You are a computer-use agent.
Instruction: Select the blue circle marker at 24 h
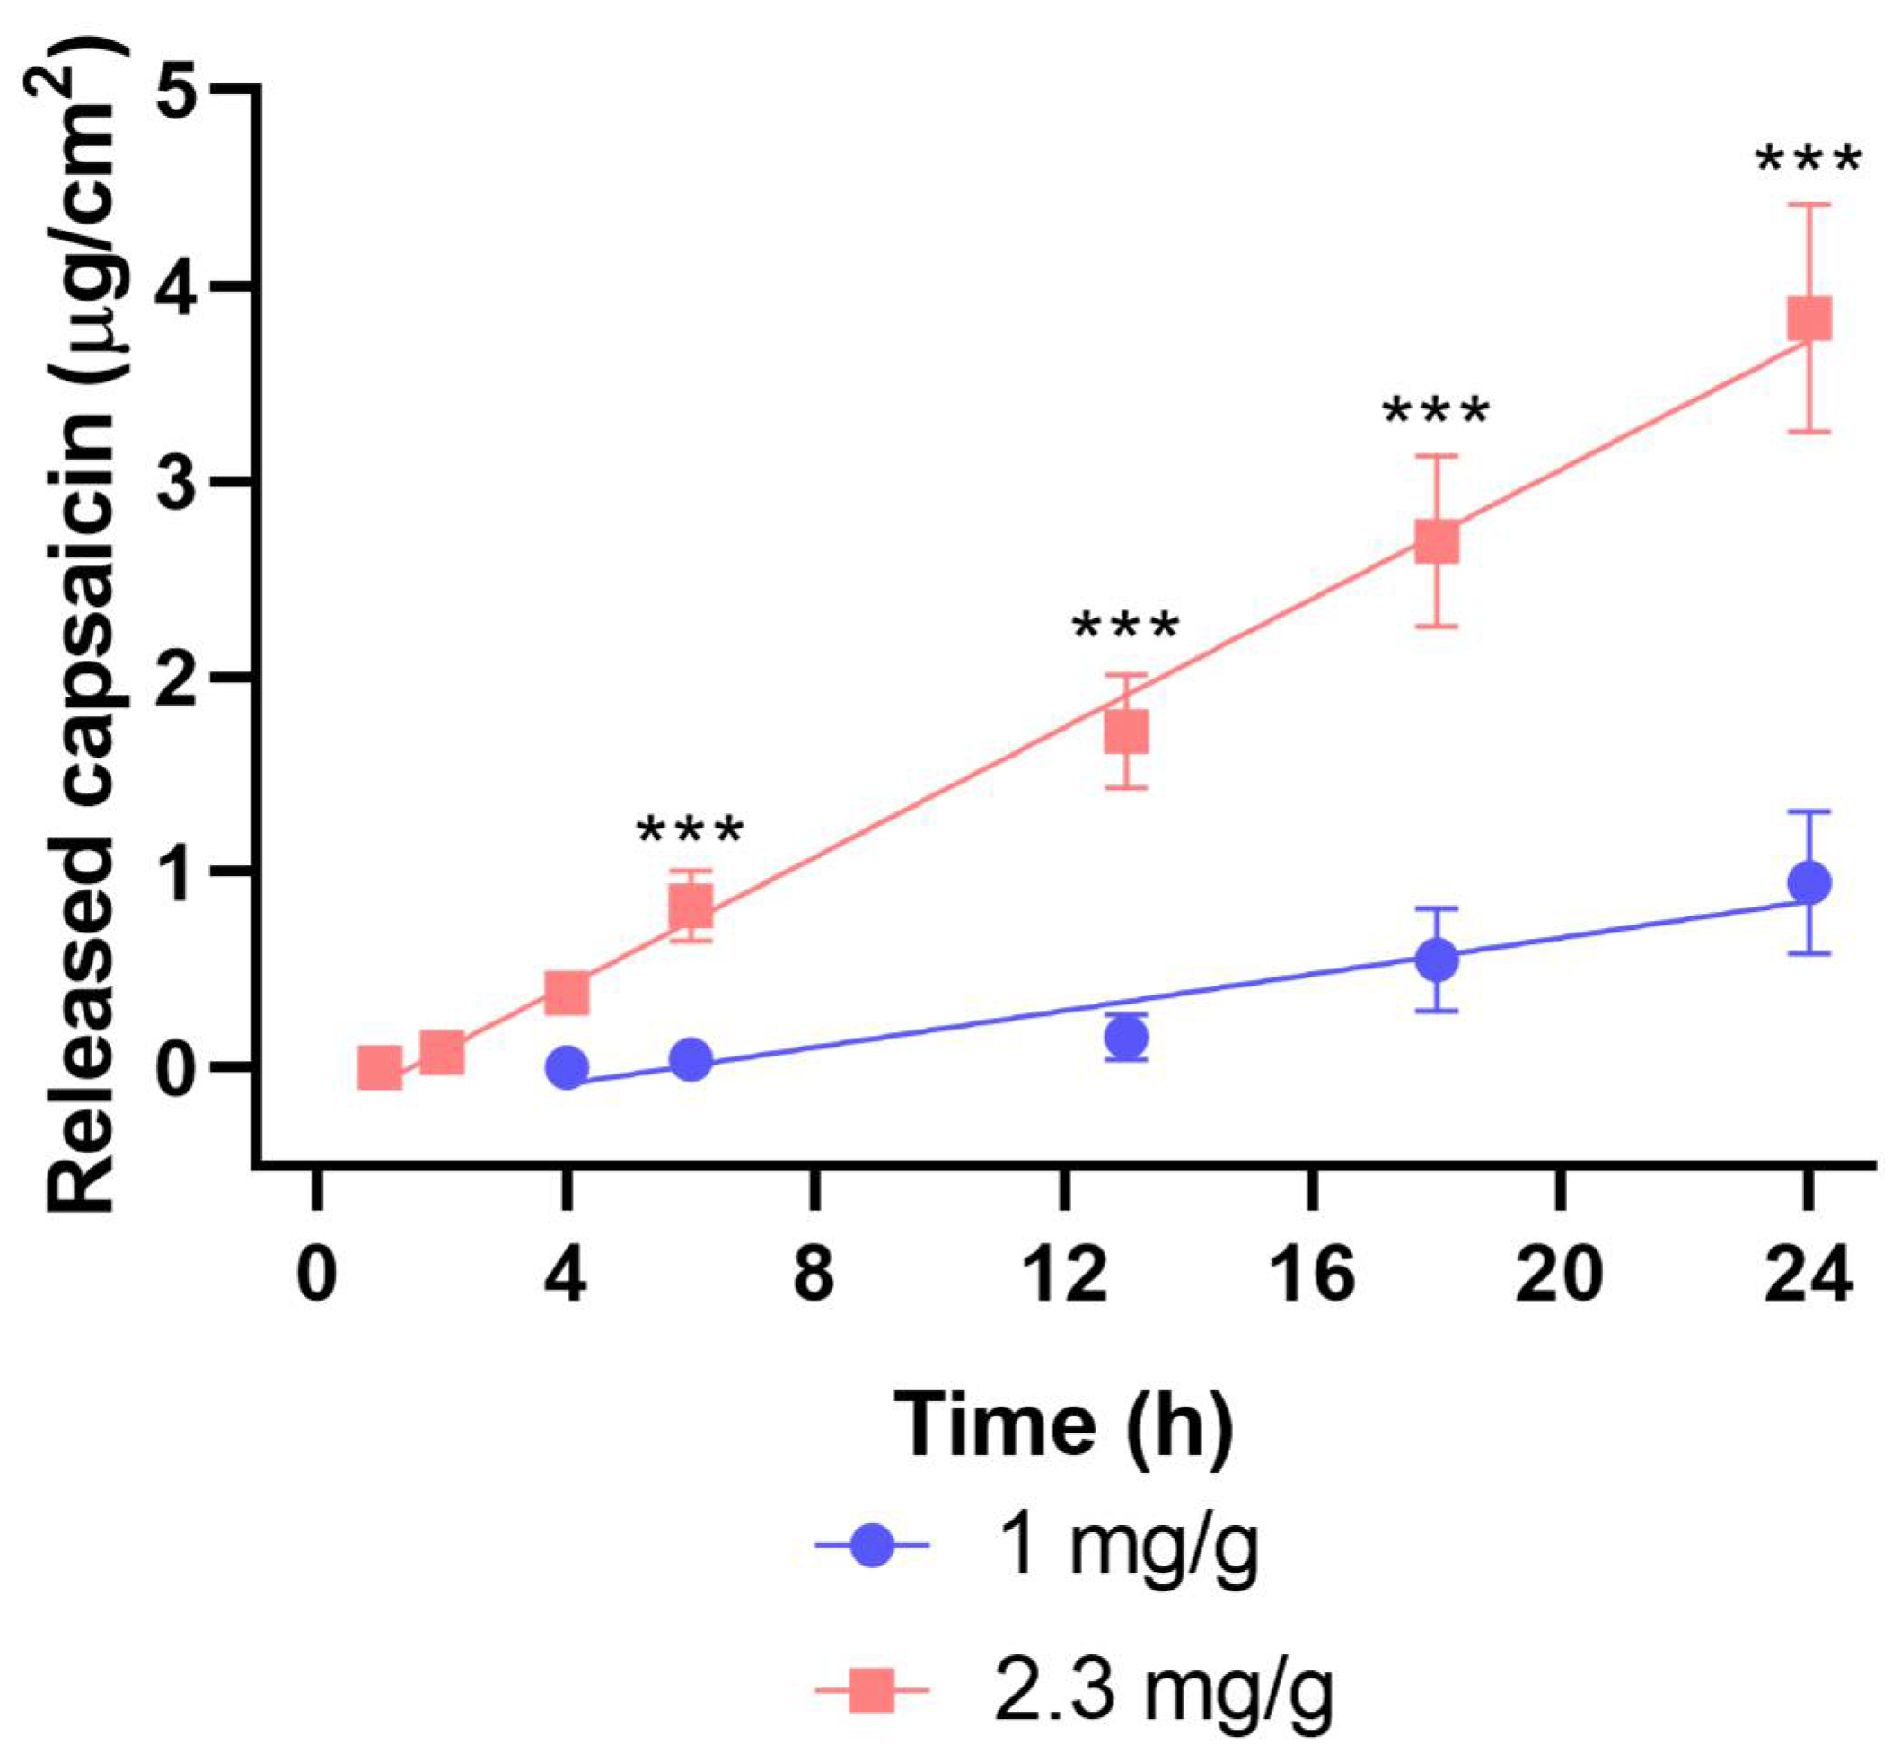(x=1808, y=883)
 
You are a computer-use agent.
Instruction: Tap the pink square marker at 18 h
(x=1436, y=542)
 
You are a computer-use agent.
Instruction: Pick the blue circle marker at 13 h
(x=1126, y=1038)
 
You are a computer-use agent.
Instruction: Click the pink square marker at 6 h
(x=690, y=907)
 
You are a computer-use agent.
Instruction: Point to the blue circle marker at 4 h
(x=567, y=1067)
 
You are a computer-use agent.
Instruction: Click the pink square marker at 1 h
(x=380, y=1068)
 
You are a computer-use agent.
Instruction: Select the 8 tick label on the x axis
(x=814, y=1275)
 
